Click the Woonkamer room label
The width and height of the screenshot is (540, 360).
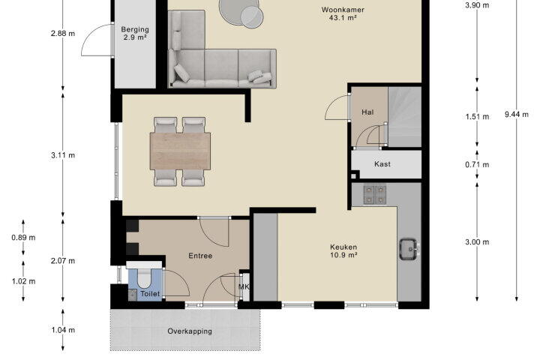pos(343,10)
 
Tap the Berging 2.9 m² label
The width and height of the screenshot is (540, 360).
pos(135,33)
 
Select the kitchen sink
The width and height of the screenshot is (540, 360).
pos(409,249)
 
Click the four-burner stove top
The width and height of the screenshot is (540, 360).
pos(375,195)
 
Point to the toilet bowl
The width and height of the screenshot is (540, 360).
pos(145,278)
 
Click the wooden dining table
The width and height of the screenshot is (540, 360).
pos(180,151)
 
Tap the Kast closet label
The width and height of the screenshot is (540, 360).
pos(382,164)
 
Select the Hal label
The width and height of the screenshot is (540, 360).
pos(367,112)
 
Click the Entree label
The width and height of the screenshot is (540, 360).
pos(200,256)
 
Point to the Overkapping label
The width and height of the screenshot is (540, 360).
pos(190,331)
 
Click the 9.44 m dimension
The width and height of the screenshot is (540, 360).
pos(517,114)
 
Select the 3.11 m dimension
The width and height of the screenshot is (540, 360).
pos(63,155)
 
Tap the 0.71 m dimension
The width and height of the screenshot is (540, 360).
pos(477,165)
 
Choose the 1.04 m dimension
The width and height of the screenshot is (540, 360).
pos(63,330)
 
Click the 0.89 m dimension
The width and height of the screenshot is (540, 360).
pos(23,237)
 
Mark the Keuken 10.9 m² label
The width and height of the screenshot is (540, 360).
pos(343,250)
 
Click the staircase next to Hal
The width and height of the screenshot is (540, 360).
pos(405,117)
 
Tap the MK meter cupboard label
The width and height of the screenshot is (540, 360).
pos(244,286)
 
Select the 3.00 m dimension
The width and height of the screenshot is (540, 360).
pos(477,242)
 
